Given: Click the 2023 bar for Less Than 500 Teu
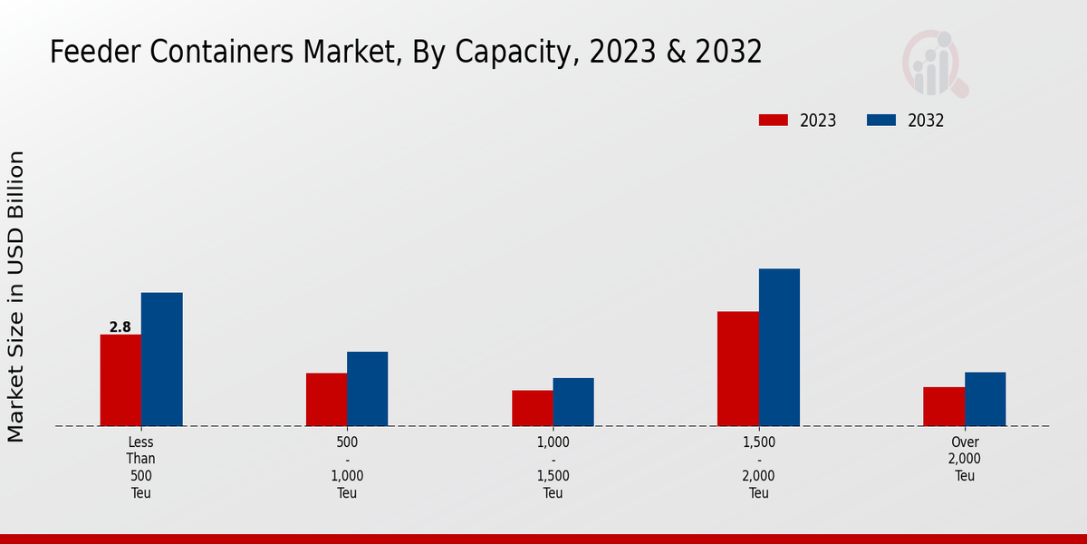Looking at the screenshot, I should pos(120,380).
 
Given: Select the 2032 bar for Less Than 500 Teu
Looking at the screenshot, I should pos(161,359).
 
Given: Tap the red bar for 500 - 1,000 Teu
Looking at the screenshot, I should pos(326,399).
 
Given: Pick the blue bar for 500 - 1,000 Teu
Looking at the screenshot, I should pos(367,388).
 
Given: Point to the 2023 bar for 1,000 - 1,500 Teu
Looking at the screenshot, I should pos(532,408).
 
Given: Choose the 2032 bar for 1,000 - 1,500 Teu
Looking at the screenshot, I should pos(573,402).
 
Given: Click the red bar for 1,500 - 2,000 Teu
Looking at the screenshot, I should pos(737,368).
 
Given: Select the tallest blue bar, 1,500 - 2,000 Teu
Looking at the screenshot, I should pos(779,347).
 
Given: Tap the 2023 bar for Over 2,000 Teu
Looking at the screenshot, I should pos(944,406).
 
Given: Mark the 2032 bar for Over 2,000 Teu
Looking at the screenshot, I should pos(985,399).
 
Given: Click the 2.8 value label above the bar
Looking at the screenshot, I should pos(120,326).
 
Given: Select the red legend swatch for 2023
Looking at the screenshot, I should pos(774,121).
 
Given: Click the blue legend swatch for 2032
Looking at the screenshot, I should pos(881,121).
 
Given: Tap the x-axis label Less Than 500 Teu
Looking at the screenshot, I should pos(141,468).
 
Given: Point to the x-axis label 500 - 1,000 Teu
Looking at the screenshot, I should pos(347,468).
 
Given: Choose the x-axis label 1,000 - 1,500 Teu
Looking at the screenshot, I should pos(553,468).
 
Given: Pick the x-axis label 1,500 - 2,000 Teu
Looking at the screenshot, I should pos(759,468).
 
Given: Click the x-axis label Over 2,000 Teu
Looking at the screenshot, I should pos(965,459).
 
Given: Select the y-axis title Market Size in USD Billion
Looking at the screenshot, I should pos(16,296).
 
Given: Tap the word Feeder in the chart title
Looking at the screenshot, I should pos(94,53).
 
